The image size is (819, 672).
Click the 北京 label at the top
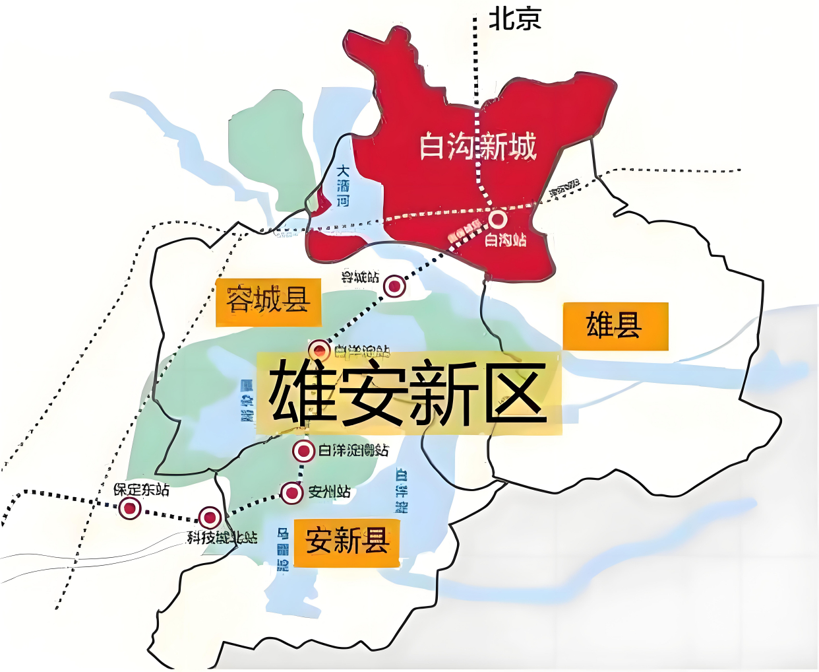click(x=514, y=18)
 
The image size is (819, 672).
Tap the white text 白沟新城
click(x=478, y=146)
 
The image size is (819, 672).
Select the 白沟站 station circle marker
click(x=497, y=218)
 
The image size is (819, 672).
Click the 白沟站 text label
click(x=506, y=240)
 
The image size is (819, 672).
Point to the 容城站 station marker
click(x=394, y=286)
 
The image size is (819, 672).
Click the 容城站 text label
click(x=360, y=277)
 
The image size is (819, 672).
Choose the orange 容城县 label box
click(x=268, y=302)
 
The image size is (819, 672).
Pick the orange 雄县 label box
click(x=615, y=326)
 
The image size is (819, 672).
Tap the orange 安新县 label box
click(x=347, y=542)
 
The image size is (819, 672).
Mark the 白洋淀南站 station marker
click(x=303, y=451)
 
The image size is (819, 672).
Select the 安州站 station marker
click(x=291, y=492)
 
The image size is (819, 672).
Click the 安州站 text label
click(x=329, y=492)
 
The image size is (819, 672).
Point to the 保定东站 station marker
click(x=130, y=508)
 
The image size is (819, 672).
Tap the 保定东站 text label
click(x=141, y=490)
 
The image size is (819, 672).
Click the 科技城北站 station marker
click(x=210, y=518)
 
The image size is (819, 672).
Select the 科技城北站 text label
click(x=222, y=538)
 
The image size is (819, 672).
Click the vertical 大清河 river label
click(x=343, y=185)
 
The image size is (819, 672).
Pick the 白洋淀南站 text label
click(x=353, y=450)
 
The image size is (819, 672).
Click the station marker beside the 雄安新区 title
click(x=319, y=349)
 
